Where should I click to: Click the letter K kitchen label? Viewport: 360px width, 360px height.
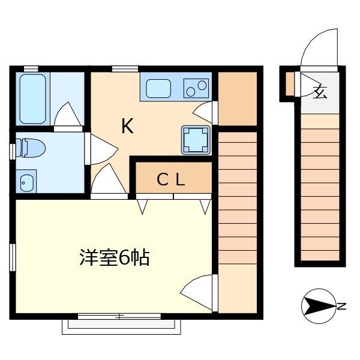(127, 127)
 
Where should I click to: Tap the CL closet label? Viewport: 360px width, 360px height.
(171, 179)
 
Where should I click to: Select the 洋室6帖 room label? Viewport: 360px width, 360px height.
(114, 257)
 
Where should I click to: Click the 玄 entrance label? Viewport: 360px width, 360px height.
(320, 92)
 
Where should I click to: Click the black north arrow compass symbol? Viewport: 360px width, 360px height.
(317, 307)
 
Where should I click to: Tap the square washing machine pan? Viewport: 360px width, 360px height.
(196, 140)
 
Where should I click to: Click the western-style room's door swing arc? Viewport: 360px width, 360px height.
(197, 290)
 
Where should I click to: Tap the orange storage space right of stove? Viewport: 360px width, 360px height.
(237, 100)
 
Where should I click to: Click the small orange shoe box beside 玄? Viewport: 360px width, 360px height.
(290, 84)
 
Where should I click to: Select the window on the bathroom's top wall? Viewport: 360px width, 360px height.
(31, 68)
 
